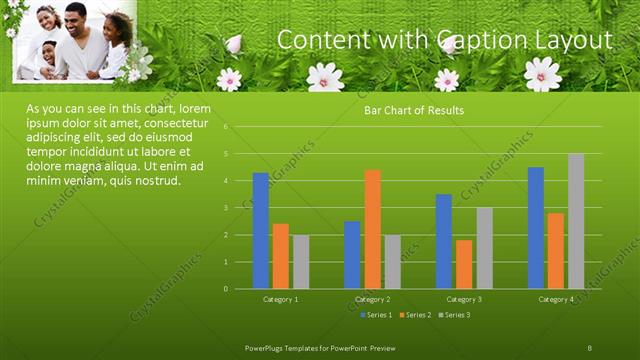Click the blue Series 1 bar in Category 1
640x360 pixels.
[260, 231]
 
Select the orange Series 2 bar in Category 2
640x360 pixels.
[372, 229]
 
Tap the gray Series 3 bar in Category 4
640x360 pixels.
[576, 221]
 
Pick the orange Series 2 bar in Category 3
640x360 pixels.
[464, 264]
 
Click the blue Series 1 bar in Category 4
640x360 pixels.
[536, 228]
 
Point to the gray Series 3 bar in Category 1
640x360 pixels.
[301, 262]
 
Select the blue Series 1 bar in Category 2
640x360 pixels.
[352, 255]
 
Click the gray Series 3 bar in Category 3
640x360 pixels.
[484, 248]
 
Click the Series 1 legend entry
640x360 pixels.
[374, 315]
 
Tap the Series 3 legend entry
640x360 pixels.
[453, 315]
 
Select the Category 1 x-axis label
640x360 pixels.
[280, 299]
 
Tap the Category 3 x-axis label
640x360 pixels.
[464, 299]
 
